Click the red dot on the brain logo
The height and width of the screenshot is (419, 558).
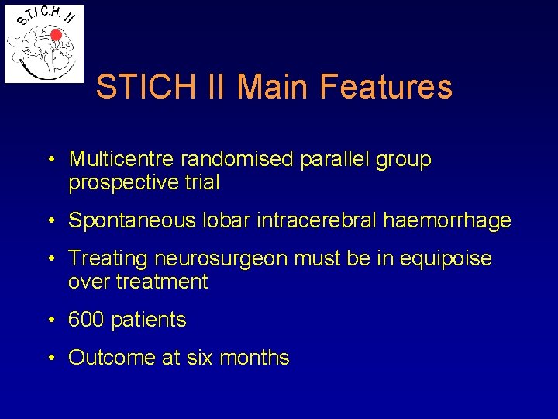(55, 35)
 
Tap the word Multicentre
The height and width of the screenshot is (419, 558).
(122, 159)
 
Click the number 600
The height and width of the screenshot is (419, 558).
(84, 319)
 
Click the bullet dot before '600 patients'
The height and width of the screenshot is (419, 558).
(50, 320)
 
